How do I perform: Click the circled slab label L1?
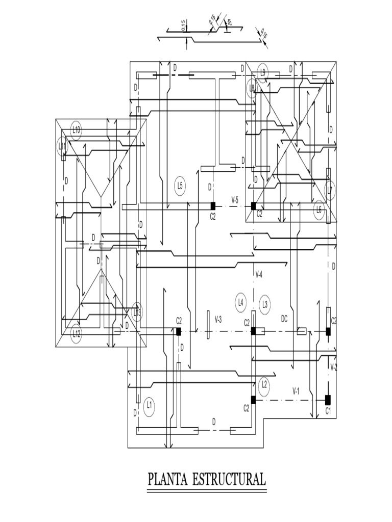pyautogui.click(x=150, y=405)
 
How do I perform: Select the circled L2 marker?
pyautogui.click(x=264, y=384)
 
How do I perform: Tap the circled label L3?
pyautogui.click(x=265, y=304)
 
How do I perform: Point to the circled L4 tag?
pyautogui.click(x=241, y=302)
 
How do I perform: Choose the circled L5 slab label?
pyautogui.click(x=180, y=185)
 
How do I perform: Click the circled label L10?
pyautogui.click(x=76, y=129)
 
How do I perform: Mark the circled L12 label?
pyautogui.click(x=76, y=334)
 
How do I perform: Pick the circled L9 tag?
pyautogui.click(x=263, y=72)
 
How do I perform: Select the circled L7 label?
pyautogui.click(x=330, y=190)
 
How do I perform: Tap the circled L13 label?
pyautogui.click(x=137, y=312)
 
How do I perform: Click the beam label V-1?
pyautogui.click(x=296, y=391)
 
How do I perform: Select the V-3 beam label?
pyautogui.click(x=218, y=319)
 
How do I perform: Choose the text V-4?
pyautogui.click(x=259, y=275)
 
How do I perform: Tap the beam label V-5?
pyautogui.click(x=235, y=200)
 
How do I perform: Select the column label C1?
pyautogui.click(x=328, y=411)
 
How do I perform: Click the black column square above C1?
pyautogui.click(x=328, y=399)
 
